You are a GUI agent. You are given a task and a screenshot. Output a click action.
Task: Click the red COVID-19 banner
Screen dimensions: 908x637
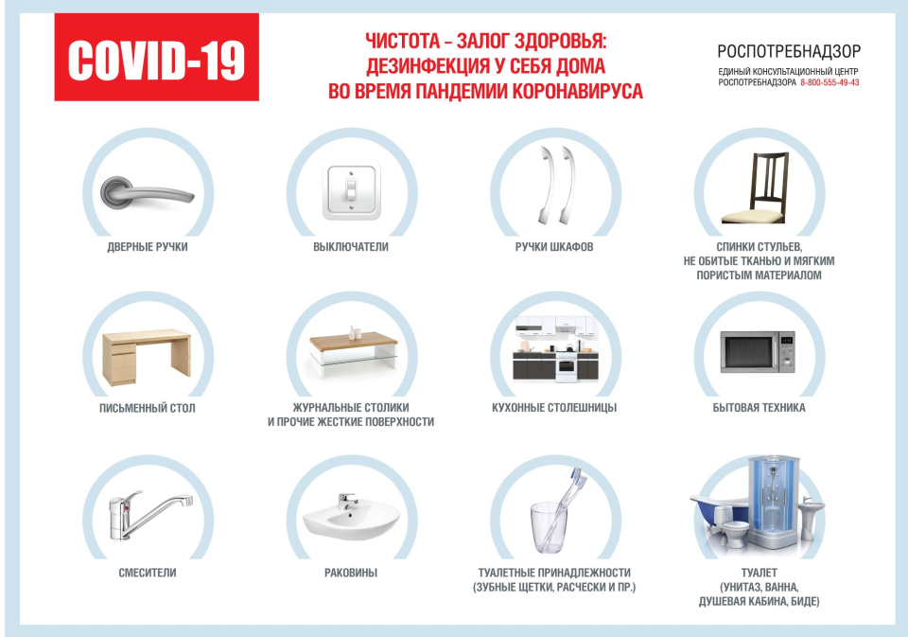(x=156, y=57)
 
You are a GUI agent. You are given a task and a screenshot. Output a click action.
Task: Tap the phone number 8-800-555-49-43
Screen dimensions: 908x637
(x=829, y=83)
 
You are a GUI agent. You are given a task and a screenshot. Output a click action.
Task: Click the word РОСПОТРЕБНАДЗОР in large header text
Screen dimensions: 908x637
(x=789, y=52)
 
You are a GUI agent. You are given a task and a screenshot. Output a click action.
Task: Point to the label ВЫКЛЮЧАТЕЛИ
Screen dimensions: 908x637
(x=351, y=247)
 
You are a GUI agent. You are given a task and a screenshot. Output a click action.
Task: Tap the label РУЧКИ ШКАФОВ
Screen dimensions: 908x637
(x=554, y=247)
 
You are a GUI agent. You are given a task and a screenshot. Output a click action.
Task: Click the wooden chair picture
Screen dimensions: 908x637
(x=755, y=188)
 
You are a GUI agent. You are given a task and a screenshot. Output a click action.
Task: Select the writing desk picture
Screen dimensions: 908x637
(x=147, y=358)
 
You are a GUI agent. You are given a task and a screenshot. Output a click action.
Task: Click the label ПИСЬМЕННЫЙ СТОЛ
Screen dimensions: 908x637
(x=148, y=408)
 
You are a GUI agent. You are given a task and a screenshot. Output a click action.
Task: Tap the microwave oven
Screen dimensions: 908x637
(x=758, y=352)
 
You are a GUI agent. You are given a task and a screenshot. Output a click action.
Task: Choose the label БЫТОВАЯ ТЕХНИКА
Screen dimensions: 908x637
(x=759, y=408)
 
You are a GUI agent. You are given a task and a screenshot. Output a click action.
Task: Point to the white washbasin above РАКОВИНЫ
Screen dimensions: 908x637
(x=352, y=518)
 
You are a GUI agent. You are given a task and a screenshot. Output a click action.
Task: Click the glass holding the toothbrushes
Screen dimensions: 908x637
(x=549, y=527)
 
